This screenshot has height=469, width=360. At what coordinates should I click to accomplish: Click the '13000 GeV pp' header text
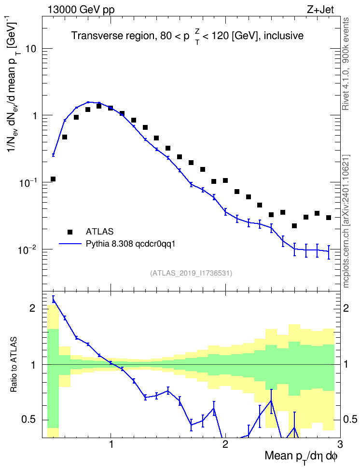coord(81,10)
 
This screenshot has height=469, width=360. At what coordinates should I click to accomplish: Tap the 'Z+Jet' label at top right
coord(320,10)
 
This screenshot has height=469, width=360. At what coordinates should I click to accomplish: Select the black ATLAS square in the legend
coord(70,232)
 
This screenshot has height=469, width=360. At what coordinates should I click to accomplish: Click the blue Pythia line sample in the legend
coord(70,244)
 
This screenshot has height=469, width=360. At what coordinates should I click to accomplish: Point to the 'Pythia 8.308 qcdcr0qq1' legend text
coord(130,244)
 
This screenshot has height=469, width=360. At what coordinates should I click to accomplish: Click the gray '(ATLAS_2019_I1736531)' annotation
coord(191,273)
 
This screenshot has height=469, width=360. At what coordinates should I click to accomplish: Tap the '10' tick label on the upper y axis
coord(31,49)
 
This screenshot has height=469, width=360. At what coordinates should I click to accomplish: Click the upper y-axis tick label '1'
coord(34,116)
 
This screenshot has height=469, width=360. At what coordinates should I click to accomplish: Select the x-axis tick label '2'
coord(225,444)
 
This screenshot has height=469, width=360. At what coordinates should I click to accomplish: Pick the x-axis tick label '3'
coord(340,444)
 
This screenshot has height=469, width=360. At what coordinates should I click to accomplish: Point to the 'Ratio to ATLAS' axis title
coord(14,365)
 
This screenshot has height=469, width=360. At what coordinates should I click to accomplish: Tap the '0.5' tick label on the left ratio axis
coord(29,420)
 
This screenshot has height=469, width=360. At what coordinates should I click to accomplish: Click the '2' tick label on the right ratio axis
coord(346,308)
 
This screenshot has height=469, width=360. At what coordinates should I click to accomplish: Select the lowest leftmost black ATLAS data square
coord(53,179)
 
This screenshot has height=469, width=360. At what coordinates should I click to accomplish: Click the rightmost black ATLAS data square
coord(329,218)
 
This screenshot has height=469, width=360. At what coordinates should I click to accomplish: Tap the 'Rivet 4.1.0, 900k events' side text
coord(346,64)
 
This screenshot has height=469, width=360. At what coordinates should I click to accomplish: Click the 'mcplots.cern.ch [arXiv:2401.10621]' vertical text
coord(346,221)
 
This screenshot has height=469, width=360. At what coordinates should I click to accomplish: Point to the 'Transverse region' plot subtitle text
coord(112,36)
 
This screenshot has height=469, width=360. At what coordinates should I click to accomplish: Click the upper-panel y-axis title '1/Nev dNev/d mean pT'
coord(14,87)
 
